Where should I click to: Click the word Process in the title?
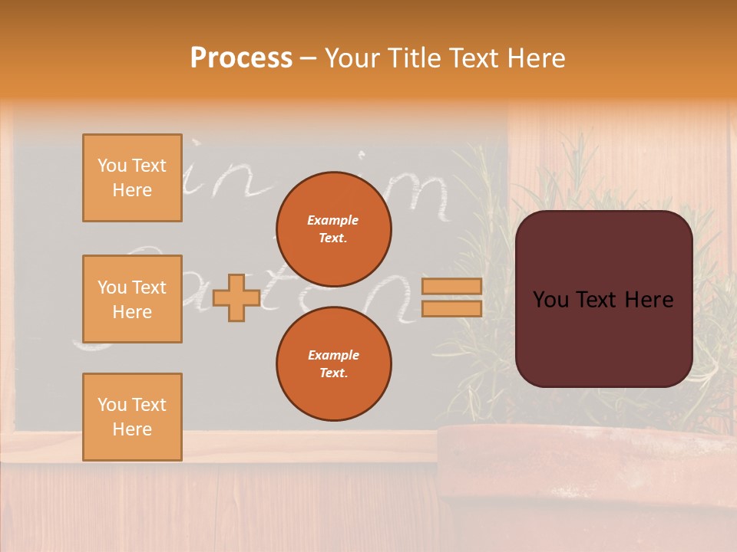pyautogui.click(x=241, y=58)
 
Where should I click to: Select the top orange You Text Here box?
pyautogui.click(x=132, y=178)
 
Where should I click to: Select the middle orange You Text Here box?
pyautogui.click(x=132, y=299)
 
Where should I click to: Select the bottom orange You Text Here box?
pyautogui.click(x=132, y=417)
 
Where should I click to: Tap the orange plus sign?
pyautogui.click(x=236, y=297)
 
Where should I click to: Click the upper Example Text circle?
pyautogui.click(x=333, y=228)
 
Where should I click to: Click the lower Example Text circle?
pyautogui.click(x=333, y=363)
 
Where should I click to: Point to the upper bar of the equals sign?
pyautogui.click(x=452, y=286)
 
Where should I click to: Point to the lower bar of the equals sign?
pyautogui.click(x=452, y=308)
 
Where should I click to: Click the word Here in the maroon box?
pyautogui.click(x=649, y=300)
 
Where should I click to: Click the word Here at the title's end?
pyautogui.click(x=537, y=58)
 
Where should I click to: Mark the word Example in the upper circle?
pyautogui.click(x=333, y=220)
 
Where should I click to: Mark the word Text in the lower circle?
pyautogui.click(x=333, y=373)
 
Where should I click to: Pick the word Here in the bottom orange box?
pyautogui.click(x=132, y=429)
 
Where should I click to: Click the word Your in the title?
pyautogui.click(x=352, y=58)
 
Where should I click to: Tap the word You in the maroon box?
pyautogui.click(x=550, y=300)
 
